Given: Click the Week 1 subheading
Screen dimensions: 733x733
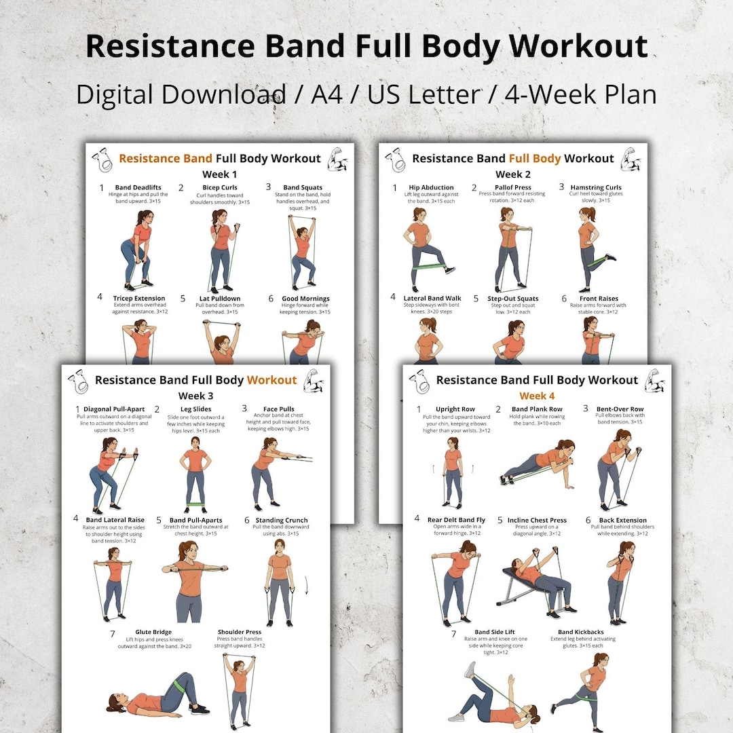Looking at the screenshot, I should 219,174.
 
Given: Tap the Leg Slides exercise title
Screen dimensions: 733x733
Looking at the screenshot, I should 195,409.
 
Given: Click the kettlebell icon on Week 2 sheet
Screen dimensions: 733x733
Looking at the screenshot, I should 395,160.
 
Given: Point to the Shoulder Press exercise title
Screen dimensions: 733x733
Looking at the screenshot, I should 240,632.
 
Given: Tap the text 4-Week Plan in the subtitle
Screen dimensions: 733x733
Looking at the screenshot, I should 580,94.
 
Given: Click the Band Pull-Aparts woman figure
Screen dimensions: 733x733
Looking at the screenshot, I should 192,581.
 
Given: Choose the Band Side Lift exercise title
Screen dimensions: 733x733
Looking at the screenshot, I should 494,632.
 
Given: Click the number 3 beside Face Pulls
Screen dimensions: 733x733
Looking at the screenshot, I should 244,409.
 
